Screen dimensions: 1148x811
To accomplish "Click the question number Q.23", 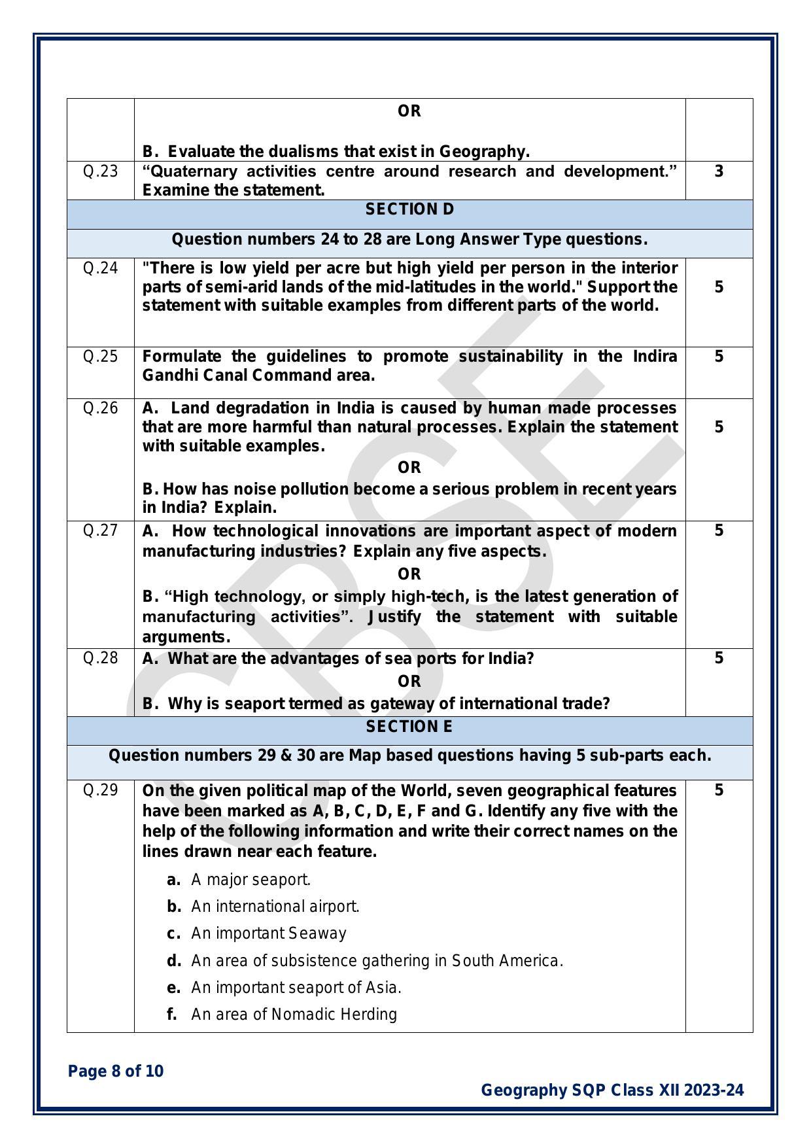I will [100, 172].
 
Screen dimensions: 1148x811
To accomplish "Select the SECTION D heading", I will [409, 209].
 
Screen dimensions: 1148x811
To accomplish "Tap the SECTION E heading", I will [409, 727].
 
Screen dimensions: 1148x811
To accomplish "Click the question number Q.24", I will [100, 268].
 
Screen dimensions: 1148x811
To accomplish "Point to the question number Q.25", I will [100, 357].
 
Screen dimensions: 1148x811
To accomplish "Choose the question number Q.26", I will [100, 408].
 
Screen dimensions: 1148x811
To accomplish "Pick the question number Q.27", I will [100, 531].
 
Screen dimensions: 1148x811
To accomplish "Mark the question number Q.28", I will [100, 658].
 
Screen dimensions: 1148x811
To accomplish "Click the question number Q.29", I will [100, 790].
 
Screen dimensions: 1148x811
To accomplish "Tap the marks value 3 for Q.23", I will [719, 172].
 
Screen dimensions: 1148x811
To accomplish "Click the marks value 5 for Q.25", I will [719, 357].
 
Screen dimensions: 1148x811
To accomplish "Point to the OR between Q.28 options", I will [409, 682].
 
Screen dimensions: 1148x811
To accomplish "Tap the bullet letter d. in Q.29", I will [173, 961].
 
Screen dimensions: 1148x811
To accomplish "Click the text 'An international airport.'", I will [275, 907].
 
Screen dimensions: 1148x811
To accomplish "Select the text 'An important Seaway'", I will [269, 933].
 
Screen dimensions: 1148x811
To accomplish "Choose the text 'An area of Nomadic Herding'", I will [294, 1015].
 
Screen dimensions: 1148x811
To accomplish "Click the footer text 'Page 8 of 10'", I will [116, 1071].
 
